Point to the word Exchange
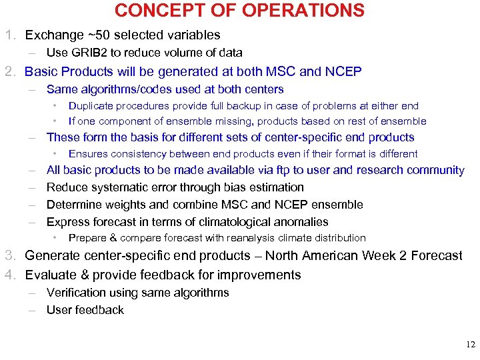tap(49, 35)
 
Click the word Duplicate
tap(91, 105)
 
